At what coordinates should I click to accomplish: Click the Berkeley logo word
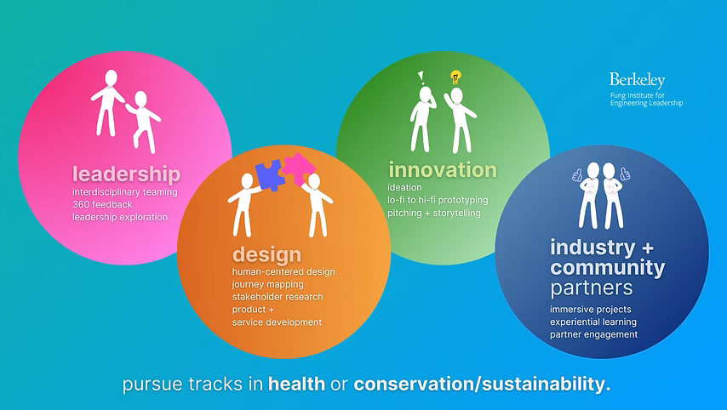coord(637,81)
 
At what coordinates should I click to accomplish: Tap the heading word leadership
coord(126,174)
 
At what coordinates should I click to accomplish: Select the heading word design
coord(266,255)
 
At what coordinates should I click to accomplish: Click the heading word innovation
coord(443,169)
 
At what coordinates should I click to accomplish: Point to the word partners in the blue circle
coord(591,288)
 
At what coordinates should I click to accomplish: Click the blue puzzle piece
coord(270,175)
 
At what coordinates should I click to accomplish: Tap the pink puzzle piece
coord(299,168)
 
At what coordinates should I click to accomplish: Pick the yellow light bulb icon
coord(455,77)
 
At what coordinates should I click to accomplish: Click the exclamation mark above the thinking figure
coord(421,77)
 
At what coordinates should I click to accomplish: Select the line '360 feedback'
coord(102,205)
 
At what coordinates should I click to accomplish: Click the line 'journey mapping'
coord(267,284)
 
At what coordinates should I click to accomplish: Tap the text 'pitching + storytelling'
coord(434,214)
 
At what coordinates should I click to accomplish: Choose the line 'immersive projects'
coord(590,310)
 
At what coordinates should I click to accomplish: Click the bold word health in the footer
coord(297,384)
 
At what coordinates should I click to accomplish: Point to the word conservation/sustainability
coord(482,384)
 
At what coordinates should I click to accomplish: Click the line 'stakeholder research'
coord(278,297)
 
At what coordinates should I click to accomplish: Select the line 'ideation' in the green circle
coord(404,188)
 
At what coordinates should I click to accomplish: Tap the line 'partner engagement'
coord(593,334)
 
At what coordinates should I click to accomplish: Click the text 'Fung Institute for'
coord(638,95)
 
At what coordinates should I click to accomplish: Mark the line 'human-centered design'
coord(283,272)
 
